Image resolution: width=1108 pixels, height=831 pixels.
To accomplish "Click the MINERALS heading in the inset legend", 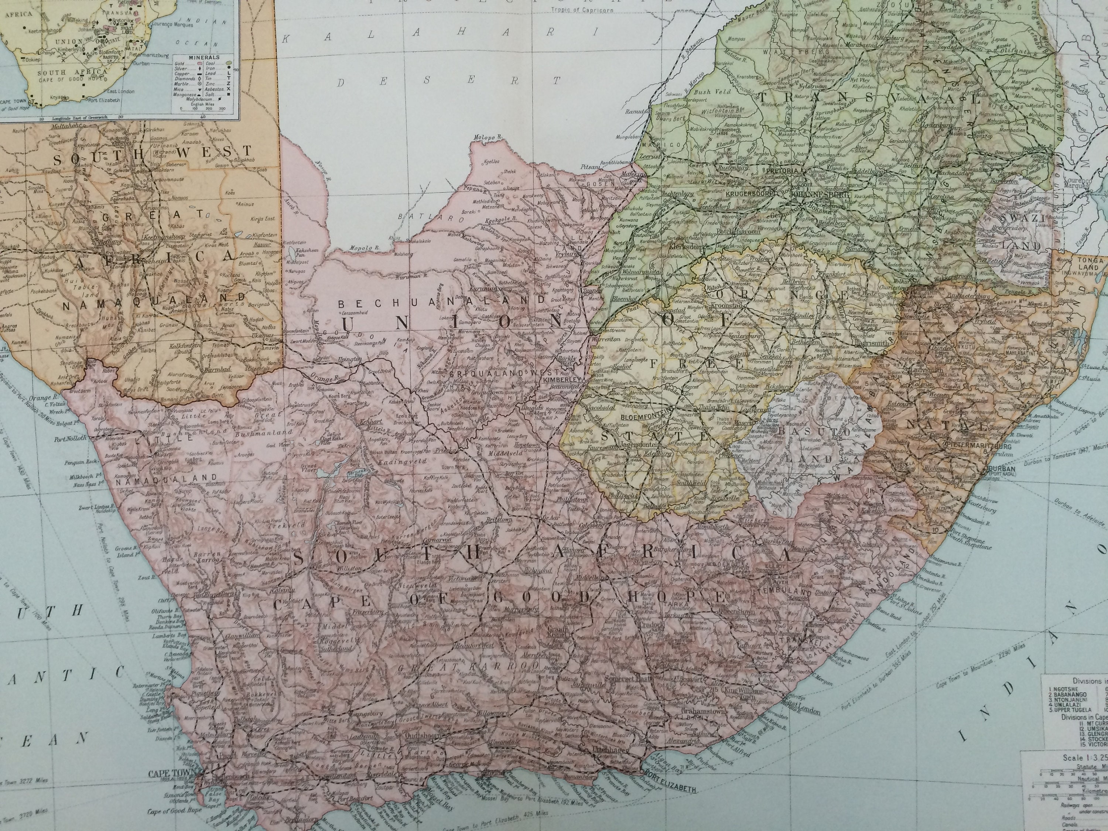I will click(204, 58).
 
